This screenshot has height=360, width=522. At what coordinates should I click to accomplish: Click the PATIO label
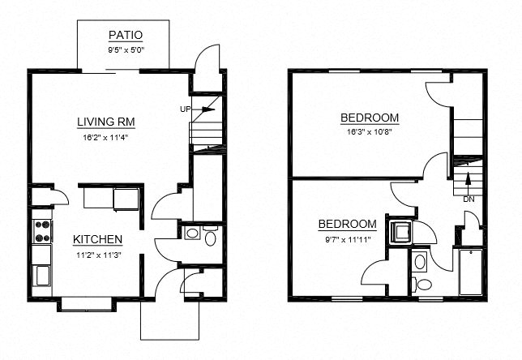click(125, 35)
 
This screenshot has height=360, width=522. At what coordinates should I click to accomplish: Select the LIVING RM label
click(105, 122)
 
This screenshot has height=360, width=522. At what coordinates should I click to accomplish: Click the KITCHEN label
click(97, 239)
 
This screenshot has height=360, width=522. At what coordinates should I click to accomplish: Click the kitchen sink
click(42, 275)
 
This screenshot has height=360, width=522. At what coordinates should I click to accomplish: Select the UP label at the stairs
click(185, 108)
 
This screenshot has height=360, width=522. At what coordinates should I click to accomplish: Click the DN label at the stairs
click(469, 199)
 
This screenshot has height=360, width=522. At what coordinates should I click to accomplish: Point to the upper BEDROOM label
click(370, 118)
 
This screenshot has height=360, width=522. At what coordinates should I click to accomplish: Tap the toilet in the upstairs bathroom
click(421, 284)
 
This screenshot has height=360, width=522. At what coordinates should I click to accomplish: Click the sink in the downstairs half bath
click(191, 234)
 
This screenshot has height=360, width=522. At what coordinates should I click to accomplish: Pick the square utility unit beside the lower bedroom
click(400, 232)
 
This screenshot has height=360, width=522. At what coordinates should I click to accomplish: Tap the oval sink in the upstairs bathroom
click(420, 261)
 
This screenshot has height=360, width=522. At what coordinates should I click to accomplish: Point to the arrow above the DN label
click(468, 186)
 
